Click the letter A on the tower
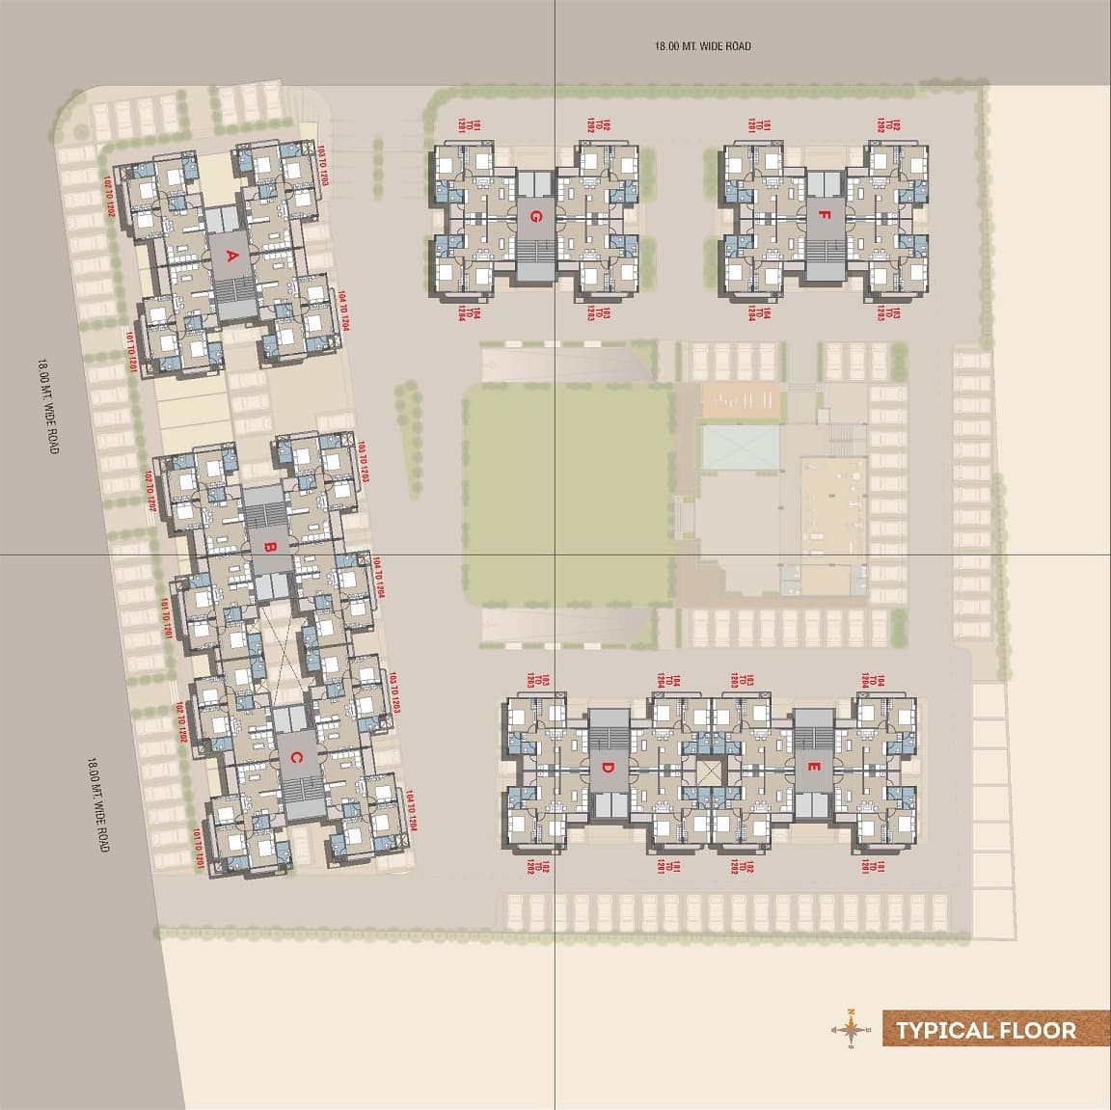click(230, 257)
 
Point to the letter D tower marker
click(608, 769)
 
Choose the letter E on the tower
click(815, 769)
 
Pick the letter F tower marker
click(823, 218)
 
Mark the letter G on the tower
click(533, 218)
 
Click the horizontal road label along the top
click(702, 46)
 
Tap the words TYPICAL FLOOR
click(986, 1030)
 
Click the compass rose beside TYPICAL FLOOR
click(850, 1029)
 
